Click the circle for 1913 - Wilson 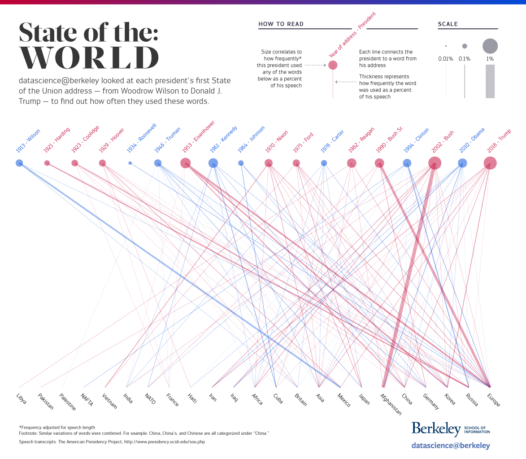pos(19,163)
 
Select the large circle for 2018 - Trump pos(490,163)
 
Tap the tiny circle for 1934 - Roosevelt pos(130,163)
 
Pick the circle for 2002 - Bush pos(435,163)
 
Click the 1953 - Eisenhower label pos(199,136)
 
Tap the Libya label pos(22,398)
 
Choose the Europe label pos(493,400)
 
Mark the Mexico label pos(344,400)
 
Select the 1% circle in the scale pos(490,46)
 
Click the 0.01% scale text pos(446,59)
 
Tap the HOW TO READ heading pos(281,24)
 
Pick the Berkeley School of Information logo pos(450,428)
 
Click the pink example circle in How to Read pos(333,65)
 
